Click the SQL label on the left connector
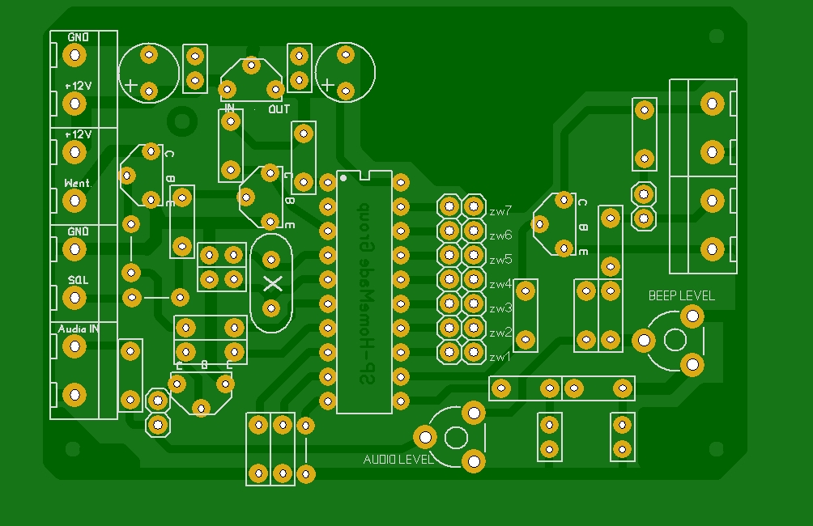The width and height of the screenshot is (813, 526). pos(78,279)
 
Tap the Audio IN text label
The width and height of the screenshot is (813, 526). pos(78,329)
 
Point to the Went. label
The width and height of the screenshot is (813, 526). pos(78,184)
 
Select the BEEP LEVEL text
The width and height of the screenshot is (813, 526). pos(681,295)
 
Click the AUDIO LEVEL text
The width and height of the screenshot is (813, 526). pos(398,460)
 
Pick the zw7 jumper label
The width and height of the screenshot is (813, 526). pos(500,211)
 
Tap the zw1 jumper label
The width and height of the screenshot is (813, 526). pos(500,356)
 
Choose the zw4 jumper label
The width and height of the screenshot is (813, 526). pos(500,284)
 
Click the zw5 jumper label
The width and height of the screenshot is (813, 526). pos(500,260)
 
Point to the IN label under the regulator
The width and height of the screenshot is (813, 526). pos(230,108)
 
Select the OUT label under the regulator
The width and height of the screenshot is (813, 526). pos(279,108)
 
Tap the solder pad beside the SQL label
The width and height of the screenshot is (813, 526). pos(74,298)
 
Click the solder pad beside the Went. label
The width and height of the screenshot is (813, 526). pos(74,200)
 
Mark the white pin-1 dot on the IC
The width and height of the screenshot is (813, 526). pos(343,176)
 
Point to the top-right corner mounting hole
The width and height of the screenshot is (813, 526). pos(716,36)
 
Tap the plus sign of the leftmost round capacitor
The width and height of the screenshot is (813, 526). pos(130,84)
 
